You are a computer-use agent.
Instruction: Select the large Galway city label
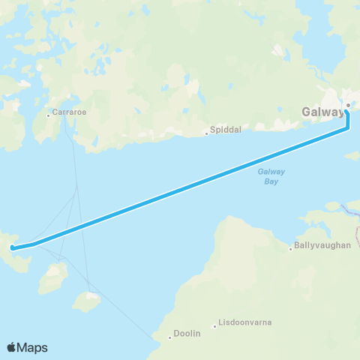click(322, 112)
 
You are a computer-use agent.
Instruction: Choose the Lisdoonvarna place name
click(245, 323)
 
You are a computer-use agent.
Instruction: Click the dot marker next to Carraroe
click(47, 115)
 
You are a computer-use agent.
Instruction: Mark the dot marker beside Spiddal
click(208, 134)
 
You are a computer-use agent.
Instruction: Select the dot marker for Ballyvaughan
click(291, 249)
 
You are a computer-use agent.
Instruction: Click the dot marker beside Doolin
click(170, 337)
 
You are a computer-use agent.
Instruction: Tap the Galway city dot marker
click(347, 105)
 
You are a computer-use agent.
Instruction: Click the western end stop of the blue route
click(12, 247)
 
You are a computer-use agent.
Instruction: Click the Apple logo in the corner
click(12, 347)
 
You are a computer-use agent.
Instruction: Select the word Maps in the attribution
click(33, 347)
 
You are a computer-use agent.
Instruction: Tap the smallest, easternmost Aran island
click(87, 301)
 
